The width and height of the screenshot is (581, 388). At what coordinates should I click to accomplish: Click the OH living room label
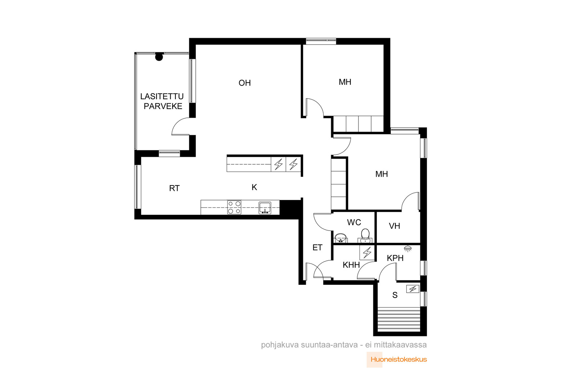pos(245,83)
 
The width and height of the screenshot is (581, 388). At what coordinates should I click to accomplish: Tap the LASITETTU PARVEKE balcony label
pos(162,101)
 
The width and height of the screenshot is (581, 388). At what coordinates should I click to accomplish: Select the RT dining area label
pos(174,188)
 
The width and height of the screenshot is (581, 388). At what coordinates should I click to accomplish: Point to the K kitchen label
pos(254,187)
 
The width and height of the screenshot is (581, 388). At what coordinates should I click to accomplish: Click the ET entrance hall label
pos(317,248)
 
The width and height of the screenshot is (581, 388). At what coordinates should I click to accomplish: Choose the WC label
pos(354,222)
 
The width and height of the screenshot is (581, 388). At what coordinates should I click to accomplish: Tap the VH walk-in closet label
pos(394,226)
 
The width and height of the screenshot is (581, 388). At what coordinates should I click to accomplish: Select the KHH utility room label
pos(351,265)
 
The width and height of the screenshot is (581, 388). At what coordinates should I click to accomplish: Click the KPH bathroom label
pos(395,258)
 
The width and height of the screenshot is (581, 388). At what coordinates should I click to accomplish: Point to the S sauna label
pos(395,295)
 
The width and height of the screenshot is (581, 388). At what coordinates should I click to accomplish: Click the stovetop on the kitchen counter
pos(234,207)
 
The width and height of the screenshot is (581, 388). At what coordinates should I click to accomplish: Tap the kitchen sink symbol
pos(265,208)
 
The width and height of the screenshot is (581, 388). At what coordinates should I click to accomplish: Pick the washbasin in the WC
pos(341,238)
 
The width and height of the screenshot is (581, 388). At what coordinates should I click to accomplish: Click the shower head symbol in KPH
pos(408,248)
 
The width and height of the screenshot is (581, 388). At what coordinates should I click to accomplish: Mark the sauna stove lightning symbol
pos(413,289)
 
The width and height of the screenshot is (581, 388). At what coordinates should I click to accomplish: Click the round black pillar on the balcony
pos(159,57)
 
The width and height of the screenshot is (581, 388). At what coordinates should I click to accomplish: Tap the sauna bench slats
pos(399,320)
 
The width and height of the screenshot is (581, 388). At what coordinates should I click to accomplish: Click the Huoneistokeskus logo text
pos(399,360)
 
